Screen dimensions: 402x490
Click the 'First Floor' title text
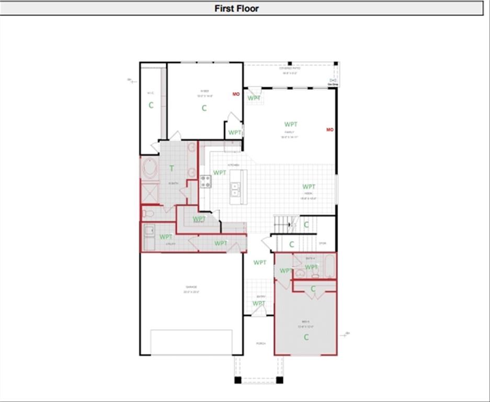[x=236, y=8]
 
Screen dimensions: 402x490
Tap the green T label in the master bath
[x=172, y=169]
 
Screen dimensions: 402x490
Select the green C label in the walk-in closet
[x=151, y=105]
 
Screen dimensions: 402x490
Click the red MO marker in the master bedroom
[x=236, y=94]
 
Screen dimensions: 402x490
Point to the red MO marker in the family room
[x=330, y=129]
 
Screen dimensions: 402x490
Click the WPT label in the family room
[x=291, y=125]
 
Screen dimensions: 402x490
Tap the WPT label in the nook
[x=309, y=187]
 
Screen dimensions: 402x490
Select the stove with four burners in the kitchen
[x=205, y=182]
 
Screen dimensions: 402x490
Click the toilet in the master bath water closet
[x=148, y=213]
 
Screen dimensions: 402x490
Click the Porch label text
[x=260, y=343]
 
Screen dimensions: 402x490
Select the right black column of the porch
[x=279, y=380]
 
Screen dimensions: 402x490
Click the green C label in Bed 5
[x=306, y=337]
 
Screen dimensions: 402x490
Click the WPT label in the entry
[x=259, y=304]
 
